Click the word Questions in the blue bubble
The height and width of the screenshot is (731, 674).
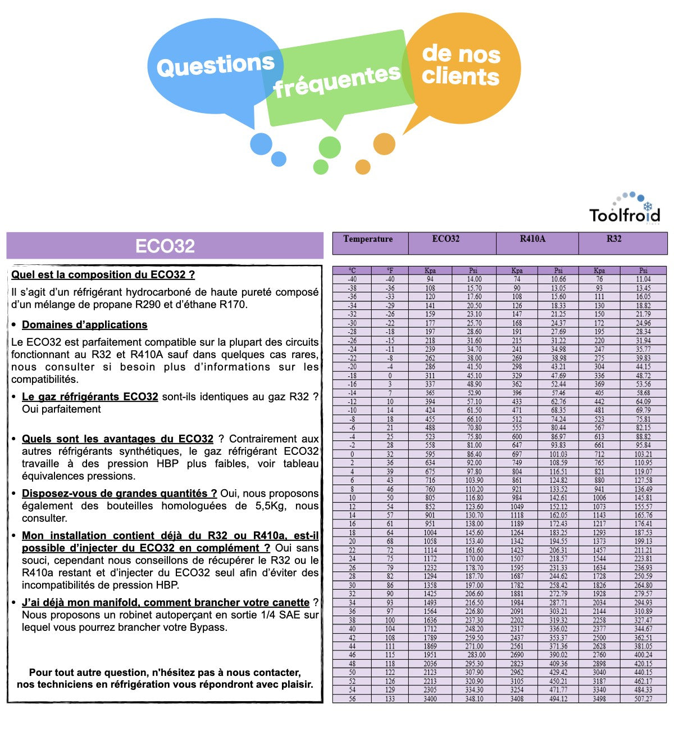click(x=215, y=66)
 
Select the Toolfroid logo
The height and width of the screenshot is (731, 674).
click(x=625, y=210)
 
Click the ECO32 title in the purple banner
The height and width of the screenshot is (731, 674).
click(x=165, y=246)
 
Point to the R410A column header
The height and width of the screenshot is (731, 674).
click(x=532, y=239)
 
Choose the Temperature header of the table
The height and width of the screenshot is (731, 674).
click(x=368, y=239)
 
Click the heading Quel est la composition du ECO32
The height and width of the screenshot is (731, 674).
click(x=103, y=275)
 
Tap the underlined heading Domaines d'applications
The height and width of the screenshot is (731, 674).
click(x=84, y=325)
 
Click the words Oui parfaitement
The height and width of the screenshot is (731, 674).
click(x=61, y=409)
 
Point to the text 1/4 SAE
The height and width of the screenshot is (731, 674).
click(x=281, y=615)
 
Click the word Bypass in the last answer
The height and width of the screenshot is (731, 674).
click(x=209, y=628)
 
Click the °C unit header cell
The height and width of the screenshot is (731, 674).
click(x=352, y=270)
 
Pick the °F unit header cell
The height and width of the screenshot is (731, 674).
click(x=390, y=270)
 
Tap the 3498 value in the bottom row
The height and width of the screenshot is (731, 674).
click(x=599, y=699)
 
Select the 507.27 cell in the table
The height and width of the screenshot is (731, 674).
click(x=643, y=699)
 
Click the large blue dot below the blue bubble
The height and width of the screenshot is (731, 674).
click(x=261, y=144)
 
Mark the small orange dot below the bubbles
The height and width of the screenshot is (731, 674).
click(x=363, y=167)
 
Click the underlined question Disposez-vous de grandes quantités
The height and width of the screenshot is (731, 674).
click(x=119, y=494)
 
